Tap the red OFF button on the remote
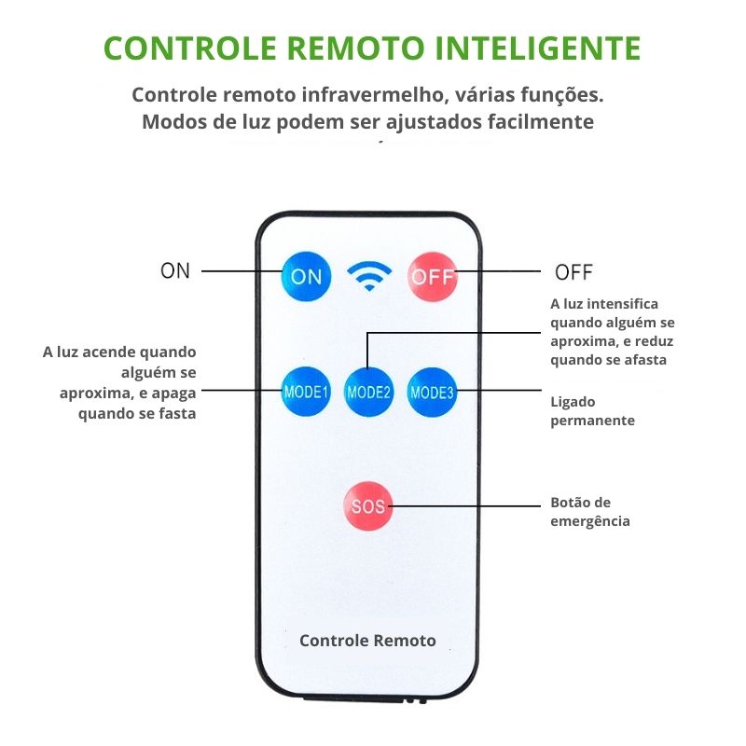(432, 276)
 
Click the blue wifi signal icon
(369, 275)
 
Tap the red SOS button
(367, 506)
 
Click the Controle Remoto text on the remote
(367, 641)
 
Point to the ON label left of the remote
(175, 271)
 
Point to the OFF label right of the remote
(573, 272)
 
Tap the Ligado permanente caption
(592, 410)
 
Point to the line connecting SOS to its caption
(466, 506)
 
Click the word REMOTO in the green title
(339, 48)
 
